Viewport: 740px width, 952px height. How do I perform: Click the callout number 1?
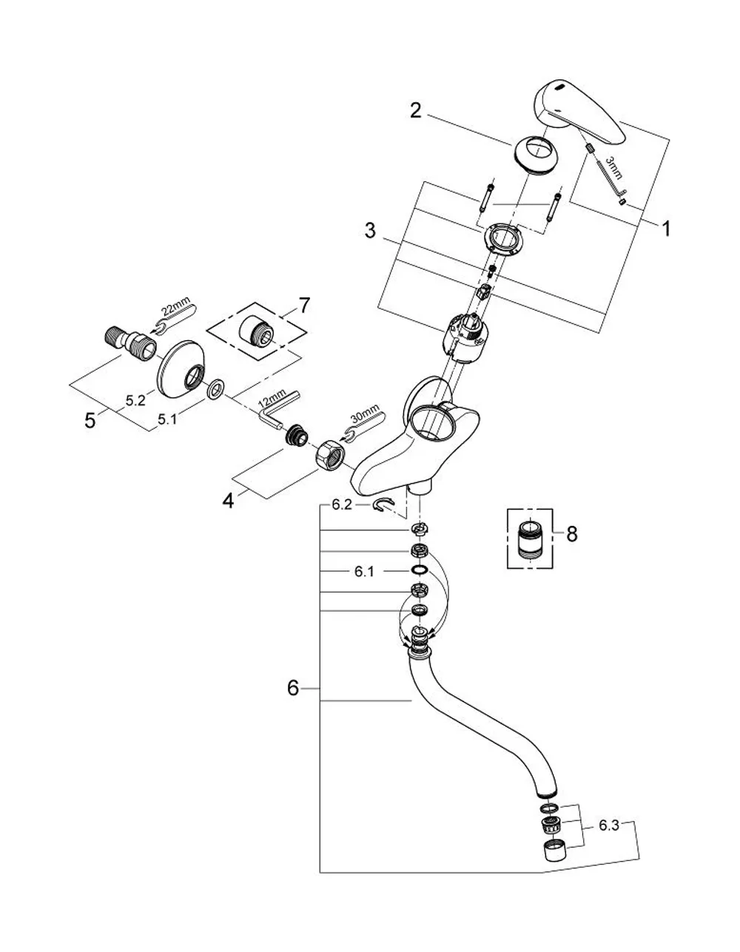pos(665,229)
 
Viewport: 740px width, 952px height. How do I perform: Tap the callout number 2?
pos(415,110)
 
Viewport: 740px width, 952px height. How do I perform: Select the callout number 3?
pos(370,231)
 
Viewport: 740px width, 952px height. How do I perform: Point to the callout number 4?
pos(228,500)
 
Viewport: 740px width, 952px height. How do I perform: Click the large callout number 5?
pos(90,421)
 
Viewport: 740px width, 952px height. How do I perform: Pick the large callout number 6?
pos(293,688)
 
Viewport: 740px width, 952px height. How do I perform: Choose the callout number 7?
pos(303,305)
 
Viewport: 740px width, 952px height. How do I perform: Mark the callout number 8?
pos(572,534)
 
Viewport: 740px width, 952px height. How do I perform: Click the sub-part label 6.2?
pos(342,505)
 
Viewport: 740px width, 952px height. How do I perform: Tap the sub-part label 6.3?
pos(609,826)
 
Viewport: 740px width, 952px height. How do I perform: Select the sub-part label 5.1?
pos(167,419)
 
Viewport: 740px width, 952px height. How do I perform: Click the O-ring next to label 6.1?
pos(420,570)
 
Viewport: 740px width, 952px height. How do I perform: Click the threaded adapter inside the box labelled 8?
pos(529,538)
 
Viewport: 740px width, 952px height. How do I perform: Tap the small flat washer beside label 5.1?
pos(216,388)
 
